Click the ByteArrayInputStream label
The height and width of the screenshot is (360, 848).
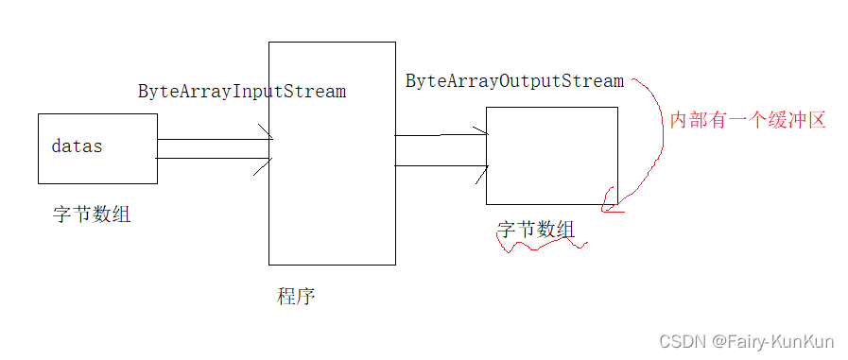(242, 92)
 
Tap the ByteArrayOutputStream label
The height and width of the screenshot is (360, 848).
(515, 81)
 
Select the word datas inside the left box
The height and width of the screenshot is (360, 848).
(77, 146)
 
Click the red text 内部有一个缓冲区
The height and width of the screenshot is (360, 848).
(748, 120)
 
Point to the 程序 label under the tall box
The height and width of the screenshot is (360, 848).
(296, 296)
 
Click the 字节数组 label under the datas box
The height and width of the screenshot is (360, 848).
(92, 214)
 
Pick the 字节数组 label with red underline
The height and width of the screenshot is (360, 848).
(535, 230)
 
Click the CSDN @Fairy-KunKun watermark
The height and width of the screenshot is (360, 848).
(750, 341)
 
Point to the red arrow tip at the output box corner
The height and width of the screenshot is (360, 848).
(608, 202)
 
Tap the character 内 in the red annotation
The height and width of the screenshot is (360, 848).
(678, 120)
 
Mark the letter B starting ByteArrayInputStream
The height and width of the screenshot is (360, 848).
(144, 92)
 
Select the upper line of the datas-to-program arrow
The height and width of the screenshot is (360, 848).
(213, 139)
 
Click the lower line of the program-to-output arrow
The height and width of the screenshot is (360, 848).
(440, 166)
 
